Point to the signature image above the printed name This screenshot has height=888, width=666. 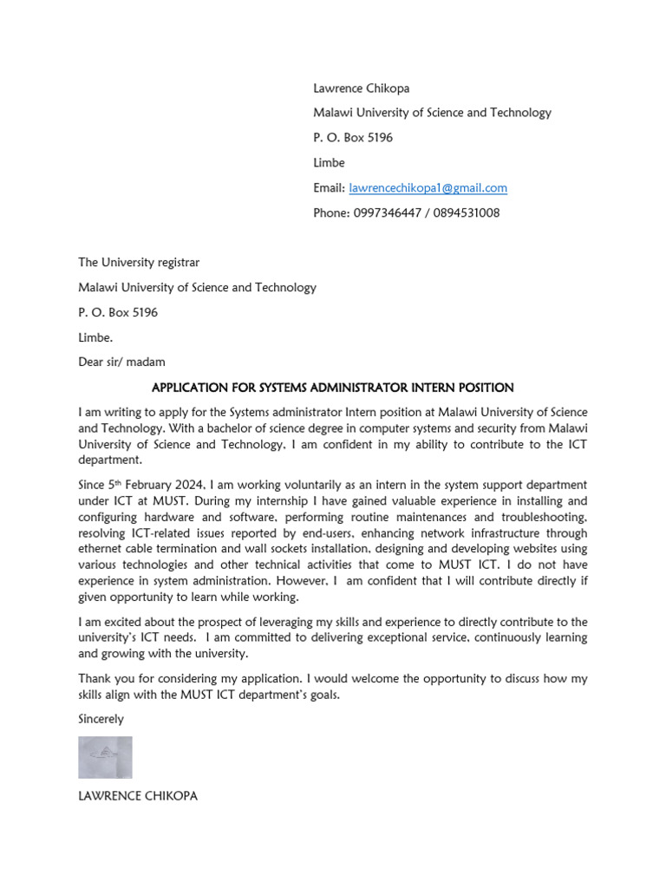tap(105, 757)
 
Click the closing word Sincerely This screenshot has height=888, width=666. tap(101, 719)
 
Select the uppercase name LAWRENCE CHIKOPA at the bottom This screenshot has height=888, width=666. tap(138, 795)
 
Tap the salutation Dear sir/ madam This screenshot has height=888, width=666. tap(121, 362)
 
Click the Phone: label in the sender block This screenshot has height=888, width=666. tap(331, 213)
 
